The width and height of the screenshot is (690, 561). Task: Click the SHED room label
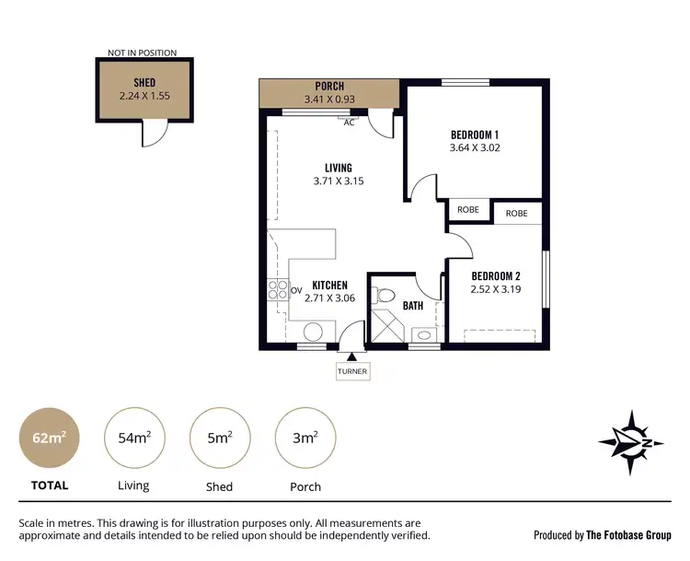144,83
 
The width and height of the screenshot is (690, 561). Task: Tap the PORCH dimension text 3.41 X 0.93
329,99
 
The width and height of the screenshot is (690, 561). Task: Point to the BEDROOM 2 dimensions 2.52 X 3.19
497,289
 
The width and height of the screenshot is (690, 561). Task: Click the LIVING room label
338,168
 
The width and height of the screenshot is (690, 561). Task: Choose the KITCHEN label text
330,286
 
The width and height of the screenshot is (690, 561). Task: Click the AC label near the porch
349,123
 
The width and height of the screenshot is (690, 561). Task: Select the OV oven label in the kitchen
296,291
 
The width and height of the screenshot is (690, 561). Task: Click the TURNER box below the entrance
352,371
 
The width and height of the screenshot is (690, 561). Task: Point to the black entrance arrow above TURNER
352,356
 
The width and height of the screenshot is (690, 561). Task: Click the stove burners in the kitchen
278,292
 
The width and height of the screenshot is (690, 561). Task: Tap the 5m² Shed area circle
219,437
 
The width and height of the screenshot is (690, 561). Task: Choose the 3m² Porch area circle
305,437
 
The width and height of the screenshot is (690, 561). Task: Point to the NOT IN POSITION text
143,53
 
